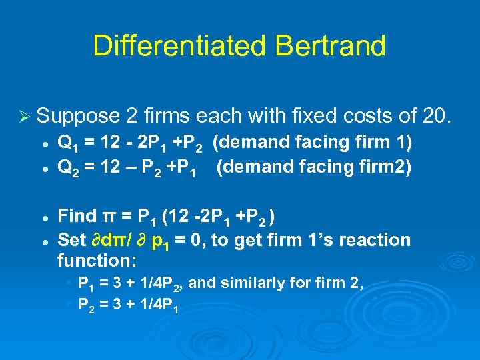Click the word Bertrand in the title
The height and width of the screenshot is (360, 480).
pyautogui.click(x=331, y=46)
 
